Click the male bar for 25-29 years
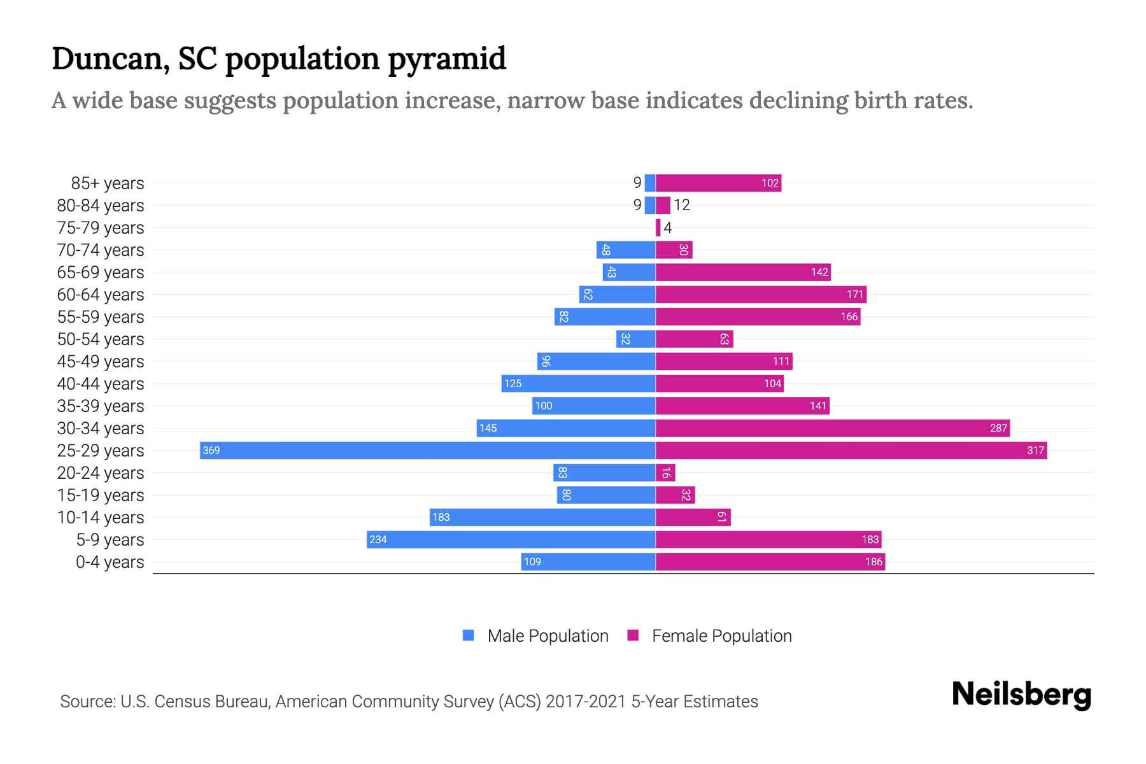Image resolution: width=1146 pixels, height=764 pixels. [x=427, y=450]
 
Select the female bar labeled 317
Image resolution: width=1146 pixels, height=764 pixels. [x=851, y=450]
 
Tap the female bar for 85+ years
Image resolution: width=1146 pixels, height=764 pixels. [x=718, y=183]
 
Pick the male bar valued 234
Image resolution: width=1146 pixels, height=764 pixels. [x=511, y=539]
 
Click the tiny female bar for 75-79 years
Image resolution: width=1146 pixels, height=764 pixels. [x=658, y=227]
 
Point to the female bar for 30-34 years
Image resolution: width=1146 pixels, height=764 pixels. [x=832, y=428]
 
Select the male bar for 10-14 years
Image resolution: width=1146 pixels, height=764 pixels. [x=542, y=517]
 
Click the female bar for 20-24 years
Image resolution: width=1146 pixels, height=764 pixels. [x=665, y=472]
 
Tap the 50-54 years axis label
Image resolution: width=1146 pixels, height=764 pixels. [x=101, y=339]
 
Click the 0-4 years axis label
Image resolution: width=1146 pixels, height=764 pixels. [x=110, y=562]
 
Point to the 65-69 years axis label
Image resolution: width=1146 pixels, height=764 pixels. [x=101, y=272]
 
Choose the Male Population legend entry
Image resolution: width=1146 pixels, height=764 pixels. [x=535, y=635]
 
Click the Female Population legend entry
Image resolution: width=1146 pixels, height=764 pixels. [x=709, y=635]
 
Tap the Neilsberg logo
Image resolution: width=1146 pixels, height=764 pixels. [x=1021, y=694]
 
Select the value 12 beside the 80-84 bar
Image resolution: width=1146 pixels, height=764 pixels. [x=682, y=205]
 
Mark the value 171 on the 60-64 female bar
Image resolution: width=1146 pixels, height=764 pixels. [x=854, y=294]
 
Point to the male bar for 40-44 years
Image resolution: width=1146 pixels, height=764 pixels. [x=578, y=383]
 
